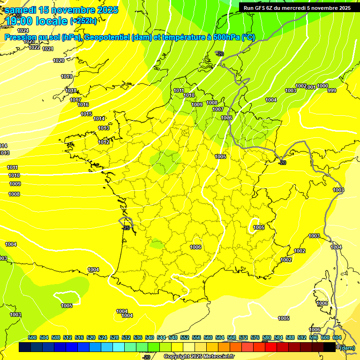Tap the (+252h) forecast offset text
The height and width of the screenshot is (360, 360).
pos(83,21)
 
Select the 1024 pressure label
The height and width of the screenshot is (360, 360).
pos(23,30)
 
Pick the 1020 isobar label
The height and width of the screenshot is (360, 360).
pos(59,60)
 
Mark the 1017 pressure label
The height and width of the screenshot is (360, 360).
pos(75,100)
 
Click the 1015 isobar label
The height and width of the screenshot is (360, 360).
pos(86,114)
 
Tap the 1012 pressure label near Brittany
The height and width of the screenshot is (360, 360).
pos(104,142)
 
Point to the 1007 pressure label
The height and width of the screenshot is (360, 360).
pos(218,109)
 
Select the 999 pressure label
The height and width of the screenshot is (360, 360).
pos(332,90)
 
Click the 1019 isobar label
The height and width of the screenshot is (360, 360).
pos(67,76)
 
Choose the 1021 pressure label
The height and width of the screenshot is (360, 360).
pos(48,49)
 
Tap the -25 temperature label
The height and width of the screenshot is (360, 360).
pos(126,228)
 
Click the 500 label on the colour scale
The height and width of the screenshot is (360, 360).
pos(32,337)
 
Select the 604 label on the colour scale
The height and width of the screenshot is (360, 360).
pos(337,337)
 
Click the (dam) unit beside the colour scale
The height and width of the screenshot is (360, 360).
pos(348,347)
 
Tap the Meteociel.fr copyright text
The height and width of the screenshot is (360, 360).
pos(198,357)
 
